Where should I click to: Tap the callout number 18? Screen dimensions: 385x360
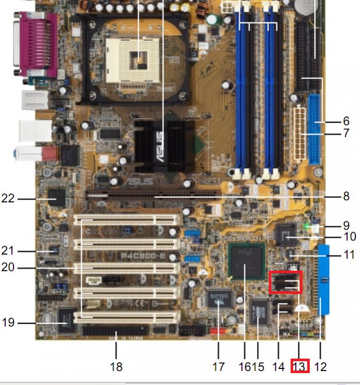click(116, 367)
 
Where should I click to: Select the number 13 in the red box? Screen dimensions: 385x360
click(299, 366)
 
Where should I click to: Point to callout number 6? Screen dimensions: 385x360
click(346, 121)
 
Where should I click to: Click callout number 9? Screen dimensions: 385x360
click(346, 225)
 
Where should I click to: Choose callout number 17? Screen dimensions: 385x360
click(218, 367)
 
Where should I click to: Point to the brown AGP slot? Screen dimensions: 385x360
click(153, 196)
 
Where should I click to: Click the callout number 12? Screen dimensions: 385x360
click(321, 367)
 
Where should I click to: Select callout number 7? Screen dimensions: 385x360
click(346, 134)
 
